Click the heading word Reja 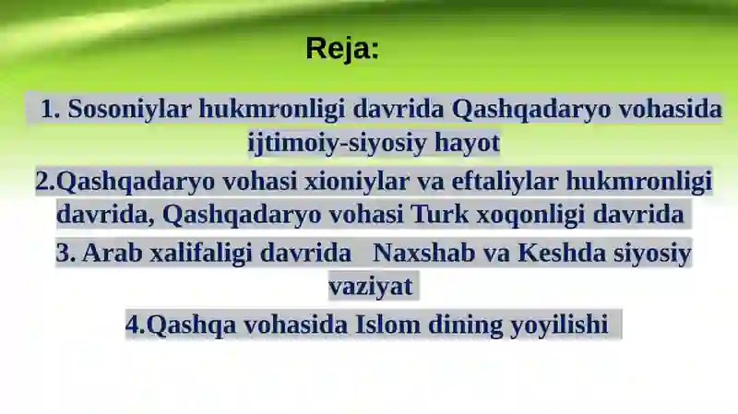pos(342,48)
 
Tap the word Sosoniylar pos(130,108)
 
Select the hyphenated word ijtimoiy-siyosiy pos(337,143)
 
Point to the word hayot pos(467,143)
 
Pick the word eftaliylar pos(505,181)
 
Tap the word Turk pos(440,214)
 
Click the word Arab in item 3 pos(113,253)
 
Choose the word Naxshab pos(424,253)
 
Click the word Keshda pos(562,253)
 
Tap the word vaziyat pos(371,286)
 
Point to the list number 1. pos(51,109)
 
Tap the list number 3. pos(65,254)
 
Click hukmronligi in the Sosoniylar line pos(272,109)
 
